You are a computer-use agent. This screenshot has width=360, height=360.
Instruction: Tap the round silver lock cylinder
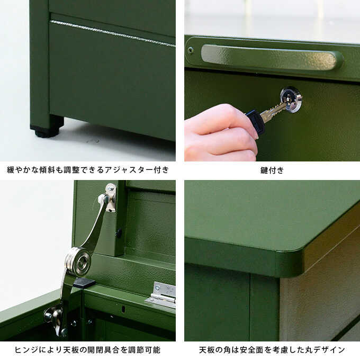(291, 100)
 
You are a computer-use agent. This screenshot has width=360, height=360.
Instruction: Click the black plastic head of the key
(254, 121)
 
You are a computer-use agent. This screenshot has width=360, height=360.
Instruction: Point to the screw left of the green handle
(191, 50)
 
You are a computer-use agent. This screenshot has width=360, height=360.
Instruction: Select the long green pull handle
(272, 57)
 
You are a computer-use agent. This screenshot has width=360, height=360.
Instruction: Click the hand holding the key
(220, 133)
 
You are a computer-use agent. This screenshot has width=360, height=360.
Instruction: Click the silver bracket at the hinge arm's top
(109, 197)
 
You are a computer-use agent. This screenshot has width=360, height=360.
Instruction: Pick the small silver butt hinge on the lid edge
(161, 295)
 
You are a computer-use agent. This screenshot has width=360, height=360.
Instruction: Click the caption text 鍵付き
(272, 170)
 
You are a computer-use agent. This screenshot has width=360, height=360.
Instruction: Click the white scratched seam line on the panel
(112, 34)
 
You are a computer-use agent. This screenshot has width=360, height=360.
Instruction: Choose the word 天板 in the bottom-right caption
(207, 350)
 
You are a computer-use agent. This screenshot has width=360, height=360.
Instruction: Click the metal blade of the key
(273, 111)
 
